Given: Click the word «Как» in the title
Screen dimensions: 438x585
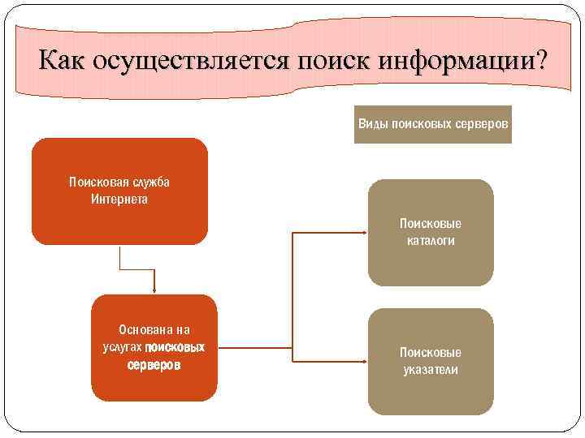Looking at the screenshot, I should click(63, 61).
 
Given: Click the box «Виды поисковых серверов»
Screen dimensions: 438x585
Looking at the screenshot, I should click(433, 124).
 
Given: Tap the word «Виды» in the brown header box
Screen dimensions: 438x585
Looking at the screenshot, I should click(373, 124).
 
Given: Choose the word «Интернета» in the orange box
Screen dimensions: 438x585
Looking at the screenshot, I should click(119, 199).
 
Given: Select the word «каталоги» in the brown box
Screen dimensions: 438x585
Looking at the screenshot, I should click(431, 240).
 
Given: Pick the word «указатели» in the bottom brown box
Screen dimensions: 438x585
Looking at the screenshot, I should click(431, 370).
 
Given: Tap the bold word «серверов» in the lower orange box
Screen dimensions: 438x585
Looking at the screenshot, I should click(154, 365).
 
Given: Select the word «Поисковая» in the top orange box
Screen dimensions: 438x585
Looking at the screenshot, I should click(96, 182).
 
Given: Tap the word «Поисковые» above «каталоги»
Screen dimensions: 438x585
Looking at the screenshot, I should click(431, 223).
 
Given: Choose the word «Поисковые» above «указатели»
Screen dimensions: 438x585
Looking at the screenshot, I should click(431, 353).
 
